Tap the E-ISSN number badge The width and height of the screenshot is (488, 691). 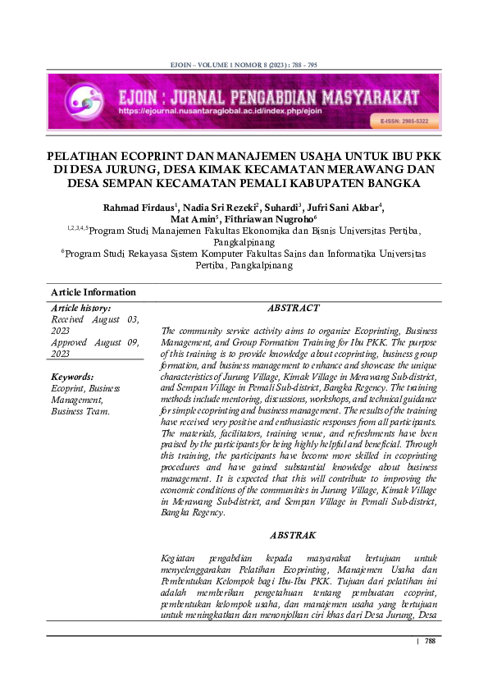click(404, 121)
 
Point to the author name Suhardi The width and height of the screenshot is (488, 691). click(279, 206)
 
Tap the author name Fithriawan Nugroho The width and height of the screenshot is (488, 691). click(271, 219)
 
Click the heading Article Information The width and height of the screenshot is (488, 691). click(93, 292)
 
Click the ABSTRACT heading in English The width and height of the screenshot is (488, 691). click(293, 308)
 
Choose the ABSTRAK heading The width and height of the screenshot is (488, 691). click(293, 535)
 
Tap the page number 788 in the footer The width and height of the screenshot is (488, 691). click(430, 641)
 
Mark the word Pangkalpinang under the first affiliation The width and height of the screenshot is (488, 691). click(244, 244)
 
